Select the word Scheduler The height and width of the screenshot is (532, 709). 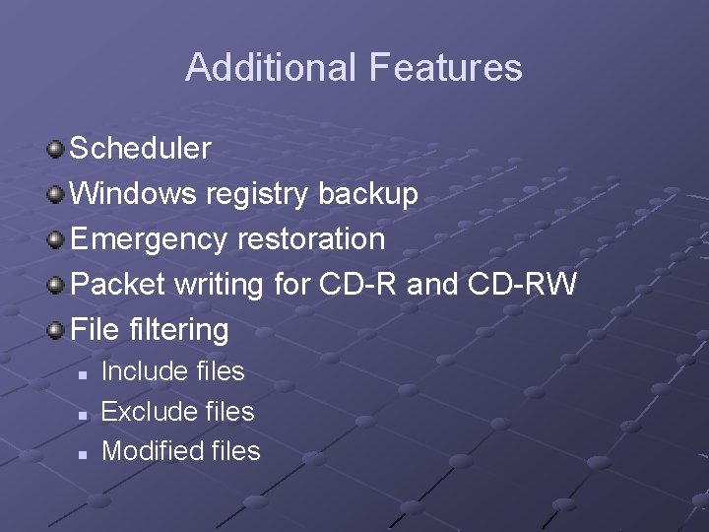point(141,149)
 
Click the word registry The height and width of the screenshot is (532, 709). point(259,194)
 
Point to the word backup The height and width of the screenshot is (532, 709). point(368,194)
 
